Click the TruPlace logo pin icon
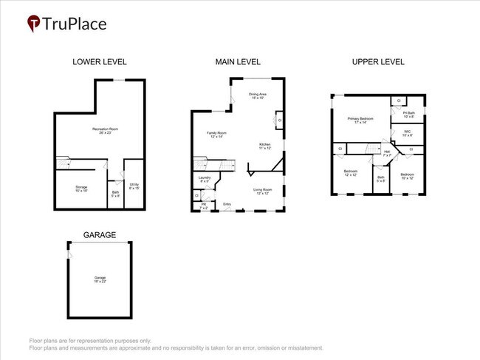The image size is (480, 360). click(34, 24)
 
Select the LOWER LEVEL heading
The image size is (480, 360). click(100, 62)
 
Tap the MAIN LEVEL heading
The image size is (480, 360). click(238, 62)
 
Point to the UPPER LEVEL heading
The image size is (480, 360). click(378, 62)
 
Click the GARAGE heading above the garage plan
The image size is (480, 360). click(99, 235)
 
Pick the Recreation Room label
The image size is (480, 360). click(106, 131)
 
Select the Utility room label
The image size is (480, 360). click(134, 186)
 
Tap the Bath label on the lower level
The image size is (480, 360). click(116, 194)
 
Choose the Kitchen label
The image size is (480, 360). click(265, 146)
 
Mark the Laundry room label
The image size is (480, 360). click(205, 179)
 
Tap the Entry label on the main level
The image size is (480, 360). click(227, 205)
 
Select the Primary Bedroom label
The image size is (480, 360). click(360, 120)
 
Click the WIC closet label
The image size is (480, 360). click(408, 134)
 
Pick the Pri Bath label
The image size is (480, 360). click(408, 115)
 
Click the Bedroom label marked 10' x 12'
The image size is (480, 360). click(408, 177)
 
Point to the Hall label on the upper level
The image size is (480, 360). click(387, 153)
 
